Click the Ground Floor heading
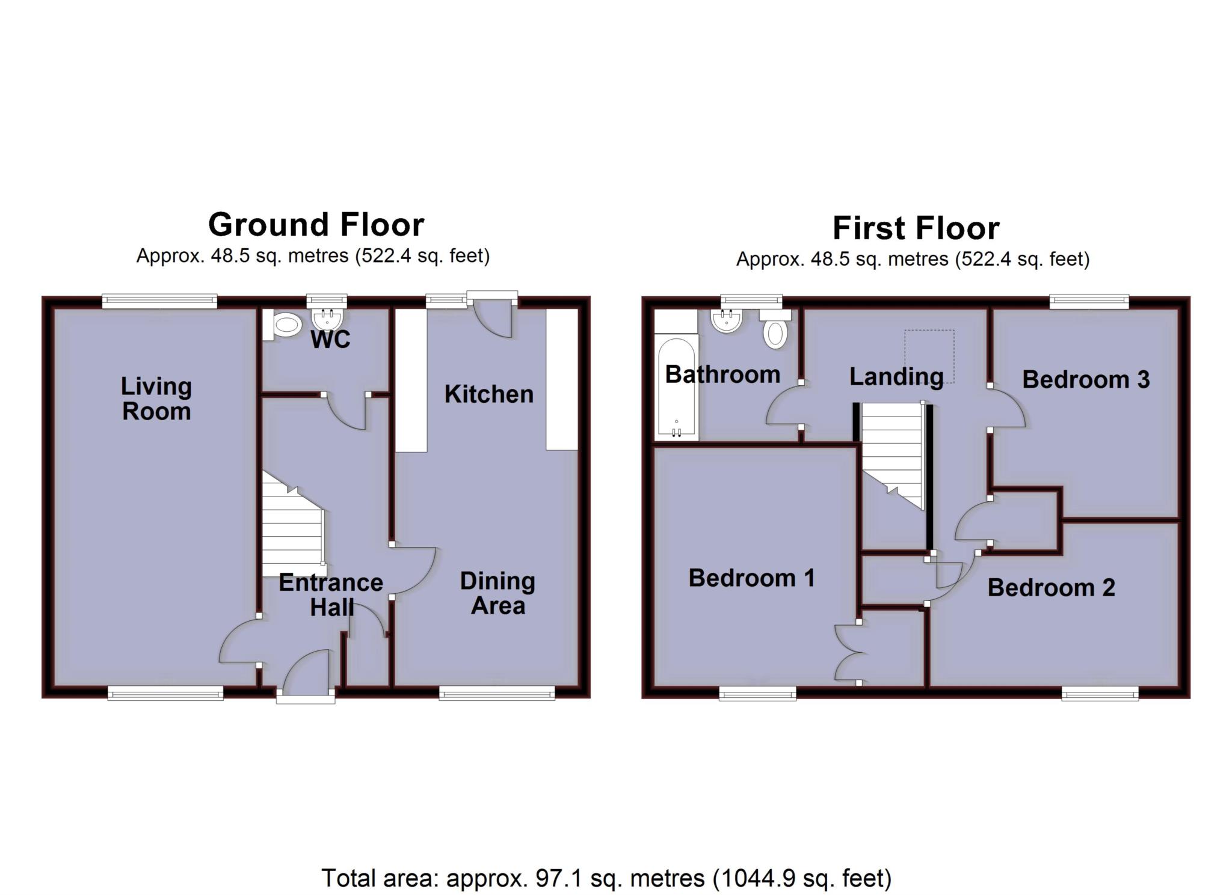[x=316, y=225]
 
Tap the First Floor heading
[x=916, y=228]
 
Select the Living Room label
[x=156, y=399]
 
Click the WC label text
[x=330, y=340]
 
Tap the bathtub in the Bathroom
[x=677, y=388]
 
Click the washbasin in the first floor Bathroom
[x=726, y=320]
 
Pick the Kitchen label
[x=489, y=394]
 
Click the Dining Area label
[x=497, y=593]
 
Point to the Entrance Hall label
[x=331, y=595]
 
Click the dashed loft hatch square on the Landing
[x=930, y=356]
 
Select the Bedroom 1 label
[x=752, y=578]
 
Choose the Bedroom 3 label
[x=1086, y=380]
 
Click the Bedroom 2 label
[x=1052, y=588]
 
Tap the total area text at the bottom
[x=606, y=878]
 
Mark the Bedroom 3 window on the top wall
[x=1089, y=301]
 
